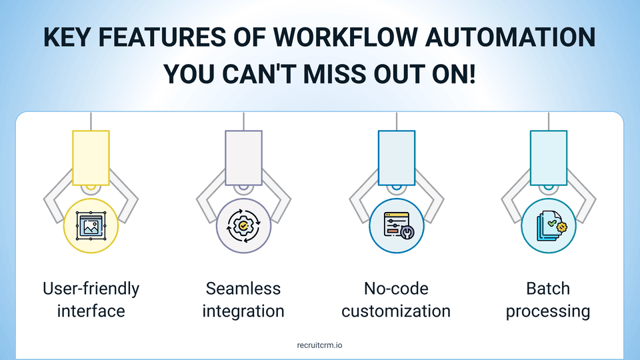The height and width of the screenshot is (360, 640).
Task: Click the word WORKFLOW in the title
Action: [x=345, y=37]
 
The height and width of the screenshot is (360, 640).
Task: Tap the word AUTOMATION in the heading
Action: [x=510, y=37]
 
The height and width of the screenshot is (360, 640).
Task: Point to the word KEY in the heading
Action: [x=67, y=37]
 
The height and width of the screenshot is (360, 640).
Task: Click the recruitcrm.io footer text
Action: [x=319, y=345]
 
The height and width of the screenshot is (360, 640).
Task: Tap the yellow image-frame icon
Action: [x=91, y=225]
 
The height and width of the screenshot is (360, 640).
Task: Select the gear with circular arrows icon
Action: [x=243, y=226]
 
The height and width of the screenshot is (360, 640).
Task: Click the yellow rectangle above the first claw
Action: [x=91, y=158]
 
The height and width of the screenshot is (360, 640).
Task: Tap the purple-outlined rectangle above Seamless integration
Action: [x=244, y=158]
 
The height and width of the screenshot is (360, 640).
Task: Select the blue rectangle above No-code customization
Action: [x=397, y=158]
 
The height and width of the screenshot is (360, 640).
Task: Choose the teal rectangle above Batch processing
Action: [x=549, y=158]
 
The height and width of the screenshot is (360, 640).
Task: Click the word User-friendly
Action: [x=91, y=289]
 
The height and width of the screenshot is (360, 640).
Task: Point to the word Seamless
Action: [x=243, y=289]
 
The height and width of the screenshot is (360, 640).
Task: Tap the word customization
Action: [x=396, y=311]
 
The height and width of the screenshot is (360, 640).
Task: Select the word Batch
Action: [x=548, y=289]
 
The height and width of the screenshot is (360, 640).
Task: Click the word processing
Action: [x=548, y=312]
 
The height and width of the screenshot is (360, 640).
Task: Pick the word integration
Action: [x=243, y=312]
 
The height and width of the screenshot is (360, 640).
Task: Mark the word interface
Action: [x=91, y=311]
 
